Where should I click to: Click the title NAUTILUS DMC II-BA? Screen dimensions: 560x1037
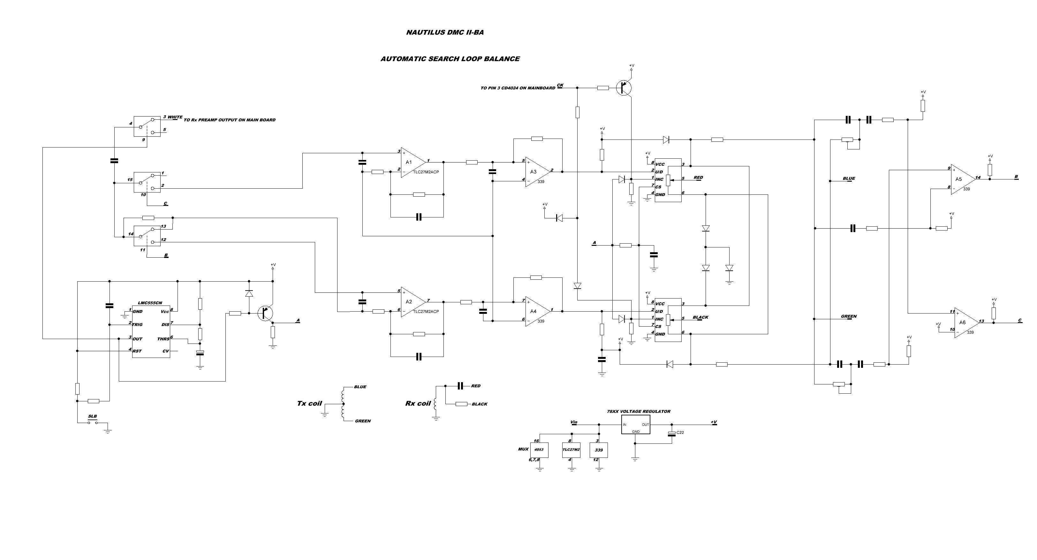pos(445,33)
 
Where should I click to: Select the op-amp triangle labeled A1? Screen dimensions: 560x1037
pos(412,162)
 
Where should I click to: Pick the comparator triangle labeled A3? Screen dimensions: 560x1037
pos(536,172)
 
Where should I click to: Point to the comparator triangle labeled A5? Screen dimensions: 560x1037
pos(961,179)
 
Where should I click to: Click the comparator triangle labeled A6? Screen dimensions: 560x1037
pos(965,322)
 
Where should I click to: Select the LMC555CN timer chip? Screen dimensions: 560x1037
pos(151,331)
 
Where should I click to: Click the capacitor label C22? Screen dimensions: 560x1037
pos(680,432)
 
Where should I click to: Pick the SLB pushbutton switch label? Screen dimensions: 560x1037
pos(93,416)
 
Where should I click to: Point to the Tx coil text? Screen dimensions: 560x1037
pos(309,403)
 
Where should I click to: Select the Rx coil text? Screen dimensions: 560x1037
pos(418,403)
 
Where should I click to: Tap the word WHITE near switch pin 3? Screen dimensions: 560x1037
pos(175,117)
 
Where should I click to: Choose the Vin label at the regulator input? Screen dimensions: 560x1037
pos(574,422)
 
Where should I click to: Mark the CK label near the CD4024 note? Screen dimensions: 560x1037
pos(560,85)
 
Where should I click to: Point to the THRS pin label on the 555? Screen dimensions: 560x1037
pos(163,339)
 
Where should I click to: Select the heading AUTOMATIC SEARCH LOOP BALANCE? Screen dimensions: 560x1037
pos(450,59)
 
